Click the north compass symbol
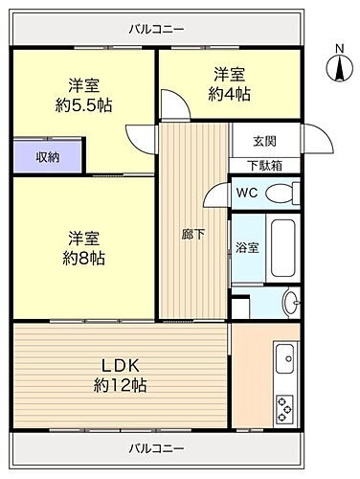point(337,66)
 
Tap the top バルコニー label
point(156,29)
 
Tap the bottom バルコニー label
point(156,447)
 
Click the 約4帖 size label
point(232,94)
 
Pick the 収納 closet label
point(49,156)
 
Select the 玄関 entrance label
point(265,142)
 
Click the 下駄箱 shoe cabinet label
point(265,164)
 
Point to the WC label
point(246,192)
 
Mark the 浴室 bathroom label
point(247,247)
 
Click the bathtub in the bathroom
point(283,247)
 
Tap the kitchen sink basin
point(286,362)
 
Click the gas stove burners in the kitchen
point(286,410)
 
